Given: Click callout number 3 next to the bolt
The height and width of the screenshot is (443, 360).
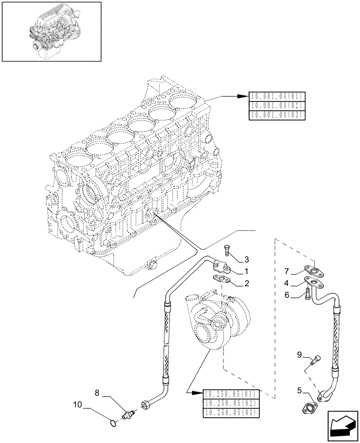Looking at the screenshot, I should click(247, 259).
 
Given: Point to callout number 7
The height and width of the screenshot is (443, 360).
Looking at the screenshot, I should click(287, 271).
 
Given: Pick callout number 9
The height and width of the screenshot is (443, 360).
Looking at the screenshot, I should click(300, 354).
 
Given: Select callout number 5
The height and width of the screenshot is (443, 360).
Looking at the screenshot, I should click(300, 391).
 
